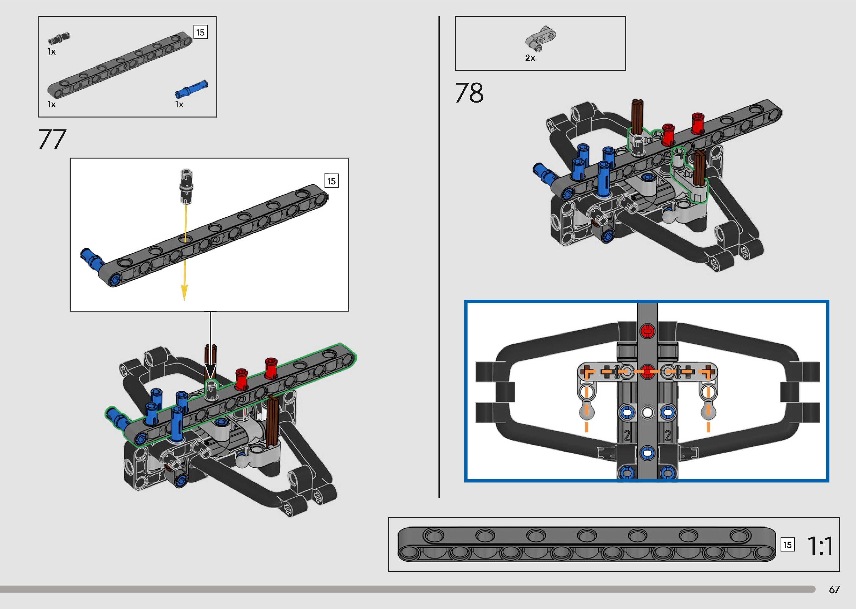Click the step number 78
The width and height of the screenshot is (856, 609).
[x=469, y=93]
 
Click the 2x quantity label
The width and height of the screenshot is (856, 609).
[x=530, y=58]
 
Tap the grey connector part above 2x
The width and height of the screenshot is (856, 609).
[x=540, y=39]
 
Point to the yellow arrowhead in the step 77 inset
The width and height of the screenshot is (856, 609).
[x=184, y=292]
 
